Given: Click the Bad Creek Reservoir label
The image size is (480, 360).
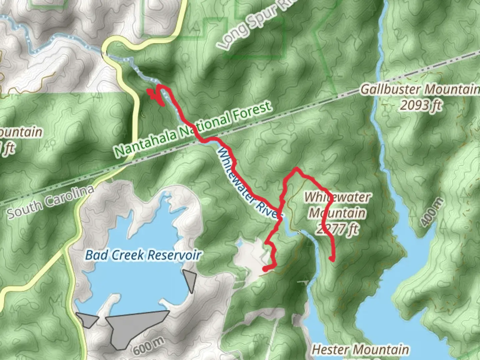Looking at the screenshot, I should tap(143, 255).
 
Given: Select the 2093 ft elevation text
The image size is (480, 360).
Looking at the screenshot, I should tap(421, 105).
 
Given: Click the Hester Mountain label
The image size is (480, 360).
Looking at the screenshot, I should tap(360, 349).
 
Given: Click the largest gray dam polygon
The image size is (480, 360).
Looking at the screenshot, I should tap(133, 325).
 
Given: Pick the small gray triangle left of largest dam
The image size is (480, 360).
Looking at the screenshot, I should tap(87, 319).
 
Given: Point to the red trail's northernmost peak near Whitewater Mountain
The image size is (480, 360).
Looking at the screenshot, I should tap(295, 169).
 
